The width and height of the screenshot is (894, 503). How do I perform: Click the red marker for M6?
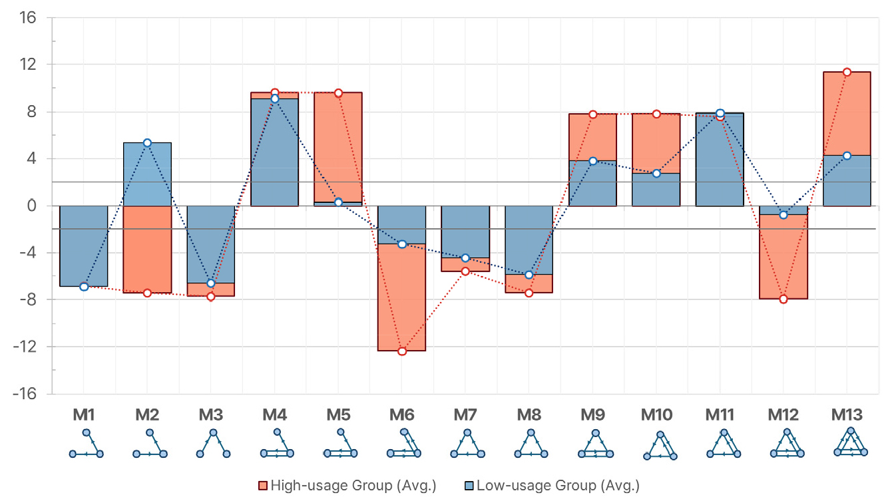pyautogui.click(x=402, y=351)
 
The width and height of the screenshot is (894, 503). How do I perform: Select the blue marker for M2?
pyautogui.click(x=147, y=143)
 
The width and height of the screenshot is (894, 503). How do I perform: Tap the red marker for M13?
pyautogui.click(x=847, y=72)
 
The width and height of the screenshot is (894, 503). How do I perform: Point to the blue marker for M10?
pyautogui.click(x=656, y=174)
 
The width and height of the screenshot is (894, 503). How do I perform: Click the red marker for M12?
pyautogui.click(x=783, y=299)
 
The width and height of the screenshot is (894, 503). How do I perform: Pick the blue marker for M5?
pyautogui.click(x=338, y=202)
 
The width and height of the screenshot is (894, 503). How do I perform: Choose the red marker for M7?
pyautogui.click(x=465, y=271)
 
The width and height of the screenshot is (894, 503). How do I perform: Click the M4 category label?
pyautogui.click(x=274, y=415)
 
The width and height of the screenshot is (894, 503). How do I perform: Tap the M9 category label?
pyautogui.click(x=592, y=415)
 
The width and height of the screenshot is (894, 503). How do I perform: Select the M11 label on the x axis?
pyautogui.click(x=720, y=415)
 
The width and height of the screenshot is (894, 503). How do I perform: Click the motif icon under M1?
pyautogui.click(x=87, y=444)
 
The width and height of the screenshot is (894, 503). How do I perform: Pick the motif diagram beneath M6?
pyautogui.click(x=402, y=444)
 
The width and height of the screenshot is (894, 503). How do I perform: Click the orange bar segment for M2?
pyautogui.click(x=147, y=250)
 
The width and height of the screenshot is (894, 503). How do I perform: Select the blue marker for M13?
pyautogui.click(x=847, y=156)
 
